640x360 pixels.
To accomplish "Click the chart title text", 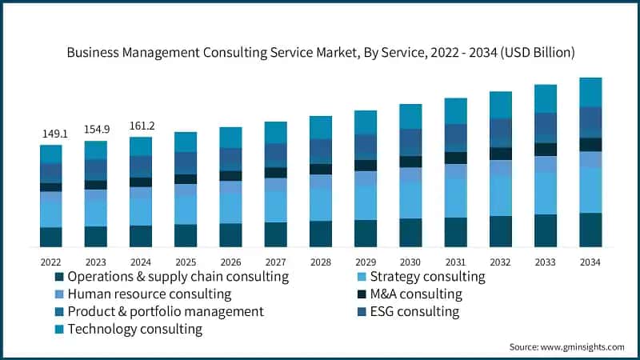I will point(320,52).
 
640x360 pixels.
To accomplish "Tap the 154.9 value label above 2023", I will point(95,129).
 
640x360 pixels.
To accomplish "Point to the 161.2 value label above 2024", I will point(141,126).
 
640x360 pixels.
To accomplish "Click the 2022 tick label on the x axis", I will point(50,262).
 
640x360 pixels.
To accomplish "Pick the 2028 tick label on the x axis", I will point(321,262).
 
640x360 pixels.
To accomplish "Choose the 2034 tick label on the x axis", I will point(590,262).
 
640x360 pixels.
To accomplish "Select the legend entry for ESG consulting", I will point(414,311).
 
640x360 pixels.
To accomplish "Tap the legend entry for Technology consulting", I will point(134,329).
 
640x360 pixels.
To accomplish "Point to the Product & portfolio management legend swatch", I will point(58,312).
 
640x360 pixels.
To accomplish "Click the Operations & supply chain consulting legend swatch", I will point(58,277).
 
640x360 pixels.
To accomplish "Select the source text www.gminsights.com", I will point(566,346).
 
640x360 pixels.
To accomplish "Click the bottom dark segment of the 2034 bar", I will point(590,230).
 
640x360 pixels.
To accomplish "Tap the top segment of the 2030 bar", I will point(411,116).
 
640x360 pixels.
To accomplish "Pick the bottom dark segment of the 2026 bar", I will point(230,235).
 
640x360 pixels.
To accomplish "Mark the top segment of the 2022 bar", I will point(50,154).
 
